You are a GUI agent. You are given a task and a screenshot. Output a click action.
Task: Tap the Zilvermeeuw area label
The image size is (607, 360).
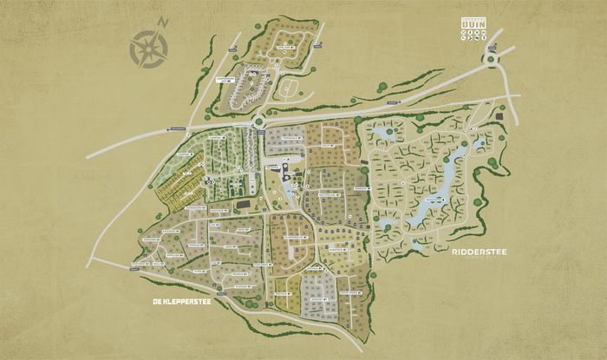tap(295, 236)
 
